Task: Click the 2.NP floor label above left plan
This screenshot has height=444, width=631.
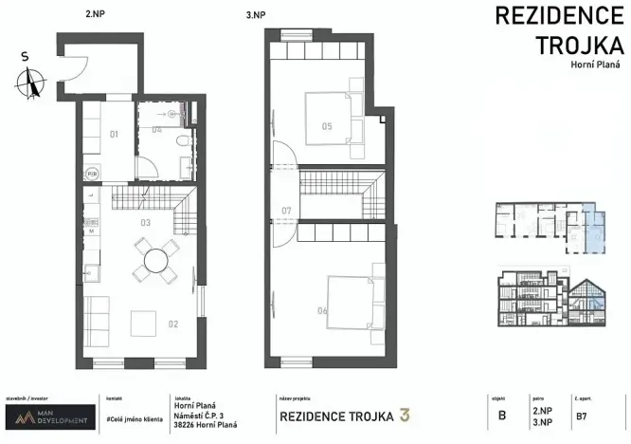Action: (x=94, y=14)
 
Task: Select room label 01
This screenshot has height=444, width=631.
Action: (x=113, y=135)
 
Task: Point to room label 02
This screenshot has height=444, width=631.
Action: (x=173, y=324)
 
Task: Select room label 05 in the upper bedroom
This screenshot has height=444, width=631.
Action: (x=325, y=125)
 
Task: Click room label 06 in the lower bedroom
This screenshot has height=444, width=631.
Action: (x=323, y=310)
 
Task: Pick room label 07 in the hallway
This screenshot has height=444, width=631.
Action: (x=286, y=210)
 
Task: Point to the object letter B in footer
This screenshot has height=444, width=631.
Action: (x=501, y=415)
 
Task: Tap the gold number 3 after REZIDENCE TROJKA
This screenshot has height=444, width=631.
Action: (x=405, y=415)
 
